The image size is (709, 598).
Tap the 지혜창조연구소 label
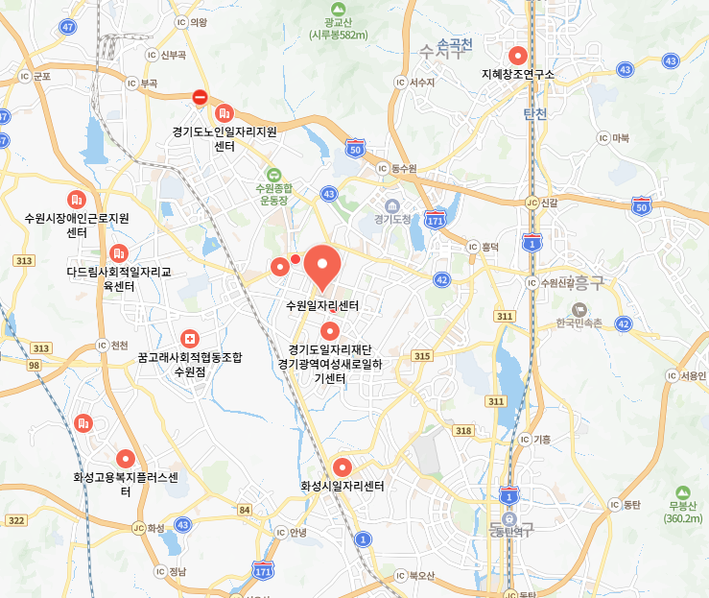518,74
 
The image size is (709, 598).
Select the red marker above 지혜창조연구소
518,55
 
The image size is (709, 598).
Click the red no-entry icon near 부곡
200,97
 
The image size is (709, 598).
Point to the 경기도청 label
392,218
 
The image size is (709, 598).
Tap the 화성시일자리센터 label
342,487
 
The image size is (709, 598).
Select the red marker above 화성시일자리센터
342,467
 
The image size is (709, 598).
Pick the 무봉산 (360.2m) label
682,511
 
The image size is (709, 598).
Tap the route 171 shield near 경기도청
437,221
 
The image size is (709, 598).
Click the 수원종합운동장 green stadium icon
273,175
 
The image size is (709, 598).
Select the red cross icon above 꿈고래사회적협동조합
189,339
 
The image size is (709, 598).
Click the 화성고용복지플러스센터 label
125,484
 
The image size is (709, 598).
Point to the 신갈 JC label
541,203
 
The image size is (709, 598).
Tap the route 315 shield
421,356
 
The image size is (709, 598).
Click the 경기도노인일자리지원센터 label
225,138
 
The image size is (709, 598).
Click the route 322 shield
15,520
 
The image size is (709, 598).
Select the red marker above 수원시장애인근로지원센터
77,200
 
